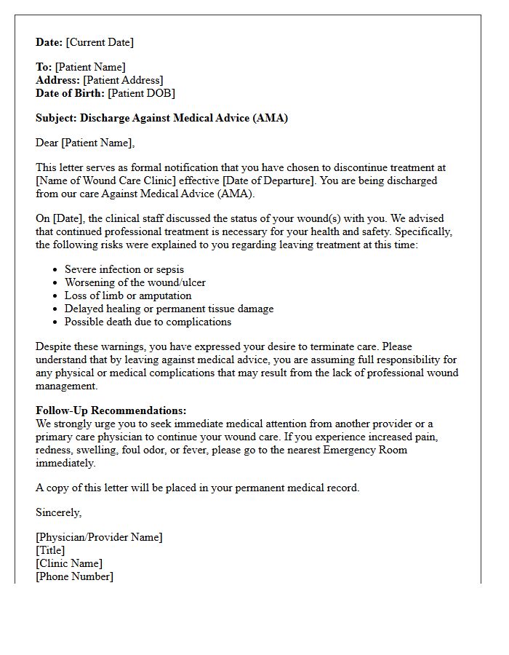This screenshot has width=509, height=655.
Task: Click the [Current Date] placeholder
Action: click(x=100, y=42)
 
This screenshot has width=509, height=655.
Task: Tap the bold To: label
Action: click(x=44, y=67)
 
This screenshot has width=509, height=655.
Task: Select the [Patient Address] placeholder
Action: click(x=123, y=80)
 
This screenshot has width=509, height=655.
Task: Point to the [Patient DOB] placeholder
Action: click(x=141, y=93)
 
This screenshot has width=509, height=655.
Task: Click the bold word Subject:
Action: click(x=56, y=118)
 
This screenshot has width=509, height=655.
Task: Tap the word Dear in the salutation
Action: click(x=47, y=143)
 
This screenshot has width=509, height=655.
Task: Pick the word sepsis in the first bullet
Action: click(x=167, y=269)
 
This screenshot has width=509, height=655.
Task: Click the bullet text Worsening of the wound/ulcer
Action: click(x=135, y=282)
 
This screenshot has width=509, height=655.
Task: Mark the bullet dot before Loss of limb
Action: click(x=55, y=296)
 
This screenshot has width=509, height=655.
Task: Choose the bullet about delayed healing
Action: click(x=169, y=309)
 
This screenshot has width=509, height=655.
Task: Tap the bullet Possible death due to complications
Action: click(x=148, y=322)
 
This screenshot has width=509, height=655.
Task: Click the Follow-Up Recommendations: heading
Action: click(x=111, y=410)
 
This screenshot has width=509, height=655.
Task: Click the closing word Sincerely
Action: click(x=58, y=512)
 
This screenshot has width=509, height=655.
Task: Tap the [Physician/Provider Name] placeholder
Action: click(x=99, y=537)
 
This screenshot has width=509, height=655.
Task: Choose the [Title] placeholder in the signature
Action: click(x=50, y=550)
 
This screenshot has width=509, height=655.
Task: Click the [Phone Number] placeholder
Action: click(x=74, y=576)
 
